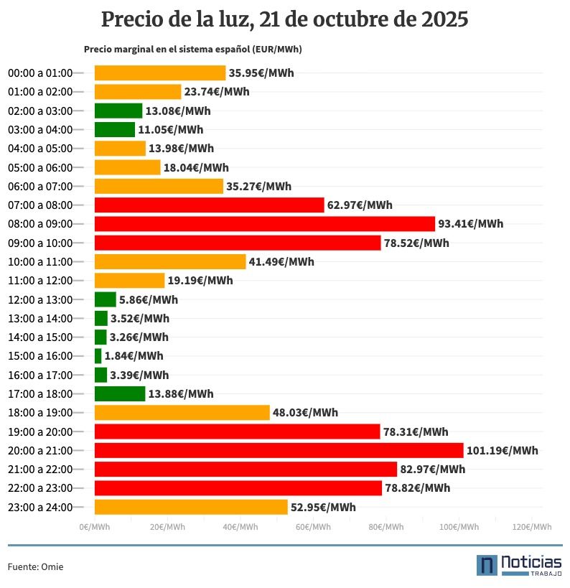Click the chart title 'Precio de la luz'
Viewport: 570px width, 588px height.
click(x=285, y=19)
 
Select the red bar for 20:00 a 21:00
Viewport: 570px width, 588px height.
click(x=279, y=450)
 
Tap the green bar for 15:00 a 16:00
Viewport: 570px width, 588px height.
click(x=98, y=356)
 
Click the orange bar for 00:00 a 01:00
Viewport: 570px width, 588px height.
click(x=160, y=73)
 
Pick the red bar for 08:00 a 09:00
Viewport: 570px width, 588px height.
click(x=264, y=223)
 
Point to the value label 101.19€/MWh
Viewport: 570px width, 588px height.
click(x=502, y=451)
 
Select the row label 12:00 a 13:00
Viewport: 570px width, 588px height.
click(x=40, y=299)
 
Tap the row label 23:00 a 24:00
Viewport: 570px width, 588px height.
click(x=40, y=507)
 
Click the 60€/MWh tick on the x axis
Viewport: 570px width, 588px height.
click(x=313, y=527)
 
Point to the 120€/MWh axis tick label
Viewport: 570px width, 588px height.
click(x=532, y=527)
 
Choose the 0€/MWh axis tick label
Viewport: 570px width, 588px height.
click(x=95, y=527)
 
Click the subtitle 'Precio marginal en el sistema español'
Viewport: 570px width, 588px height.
click(x=192, y=50)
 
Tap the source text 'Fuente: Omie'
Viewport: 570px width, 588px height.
click(x=35, y=567)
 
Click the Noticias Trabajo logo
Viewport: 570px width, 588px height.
click(x=518, y=565)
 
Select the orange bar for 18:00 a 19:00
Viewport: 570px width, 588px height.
click(x=182, y=413)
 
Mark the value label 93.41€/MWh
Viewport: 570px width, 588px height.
click(x=471, y=224)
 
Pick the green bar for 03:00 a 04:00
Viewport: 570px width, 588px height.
click(x=114, y=129)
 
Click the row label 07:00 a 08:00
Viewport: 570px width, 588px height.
click(x=40, y=205)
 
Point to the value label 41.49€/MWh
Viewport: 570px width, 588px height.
click(x=281, y=262)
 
